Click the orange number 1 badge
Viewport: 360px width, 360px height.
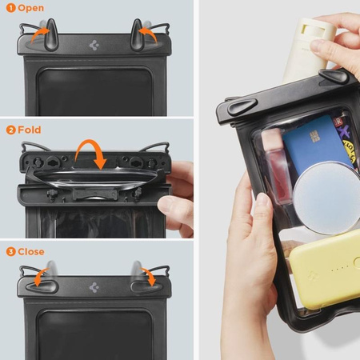10,8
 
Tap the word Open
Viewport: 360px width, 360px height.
32,8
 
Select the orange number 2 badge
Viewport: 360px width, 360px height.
10,130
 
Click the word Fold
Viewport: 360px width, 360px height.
30,130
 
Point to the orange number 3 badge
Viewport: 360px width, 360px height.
10,250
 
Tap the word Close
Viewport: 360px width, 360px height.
33,250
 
